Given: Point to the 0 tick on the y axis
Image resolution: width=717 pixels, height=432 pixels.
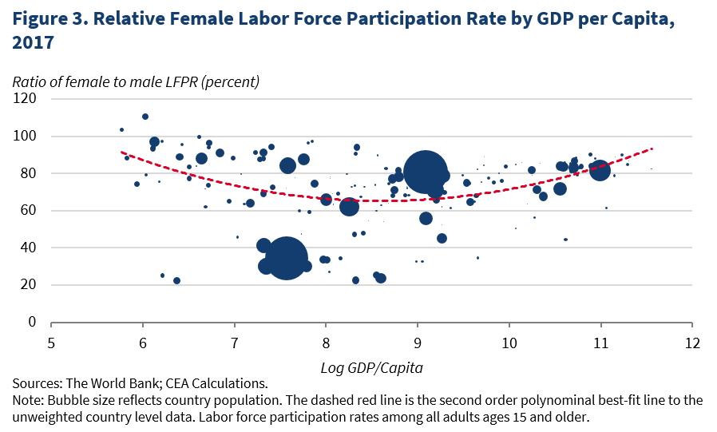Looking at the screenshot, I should [33, 322].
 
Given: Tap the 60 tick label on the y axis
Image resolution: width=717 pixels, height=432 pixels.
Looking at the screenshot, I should [30, 211].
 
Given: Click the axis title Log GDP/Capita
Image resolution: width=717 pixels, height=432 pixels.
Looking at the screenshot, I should [370, 367].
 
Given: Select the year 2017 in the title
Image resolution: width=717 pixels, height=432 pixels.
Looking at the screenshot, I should [33, 42].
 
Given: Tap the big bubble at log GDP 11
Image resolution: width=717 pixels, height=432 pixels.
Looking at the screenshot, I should [600, 169].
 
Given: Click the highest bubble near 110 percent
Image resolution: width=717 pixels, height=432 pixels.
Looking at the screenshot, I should [145, 117].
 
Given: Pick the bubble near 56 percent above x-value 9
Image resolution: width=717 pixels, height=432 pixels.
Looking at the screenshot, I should [426, 219].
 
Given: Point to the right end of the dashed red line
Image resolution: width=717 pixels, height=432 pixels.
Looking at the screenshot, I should [653, 149].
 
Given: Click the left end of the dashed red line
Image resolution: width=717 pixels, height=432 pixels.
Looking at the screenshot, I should [121, 152].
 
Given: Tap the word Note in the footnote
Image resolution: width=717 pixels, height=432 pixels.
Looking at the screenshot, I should [29, 401].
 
